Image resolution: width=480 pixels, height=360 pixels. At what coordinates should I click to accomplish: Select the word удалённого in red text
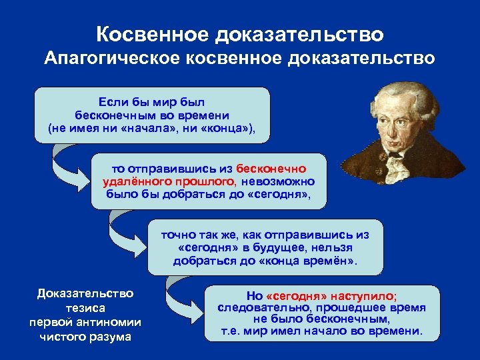point(132,181)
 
